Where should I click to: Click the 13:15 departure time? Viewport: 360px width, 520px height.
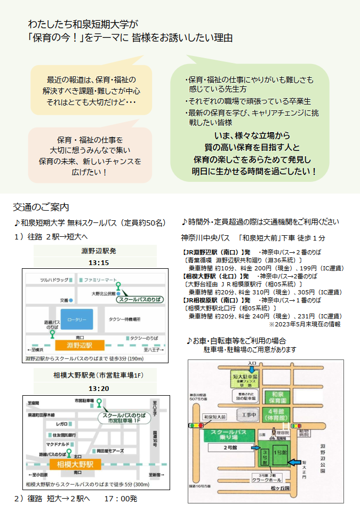[99, 263]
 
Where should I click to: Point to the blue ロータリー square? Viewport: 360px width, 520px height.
[76, 319]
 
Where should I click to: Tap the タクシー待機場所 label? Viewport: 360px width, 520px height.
[125, 319]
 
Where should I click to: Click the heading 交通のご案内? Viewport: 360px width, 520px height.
[41, 207]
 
